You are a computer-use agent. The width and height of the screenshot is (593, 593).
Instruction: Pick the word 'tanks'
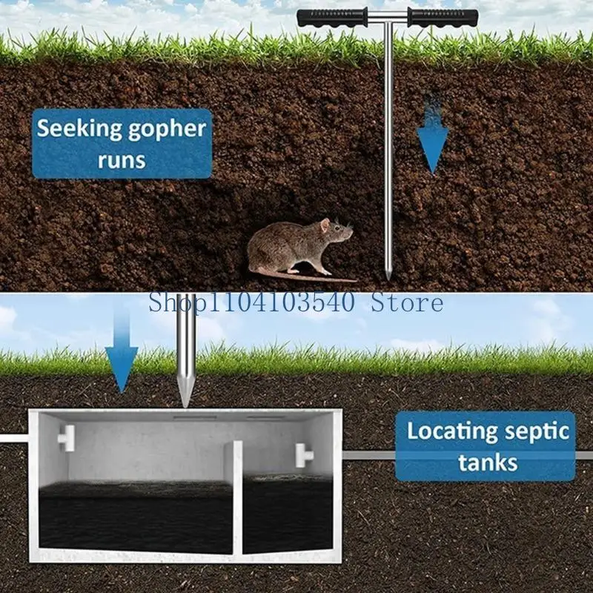tap(487, 463)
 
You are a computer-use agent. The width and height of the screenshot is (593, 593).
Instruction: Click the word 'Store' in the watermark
tap(407, 302)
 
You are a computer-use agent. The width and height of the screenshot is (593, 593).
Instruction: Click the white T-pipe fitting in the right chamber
tap(304, 453)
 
